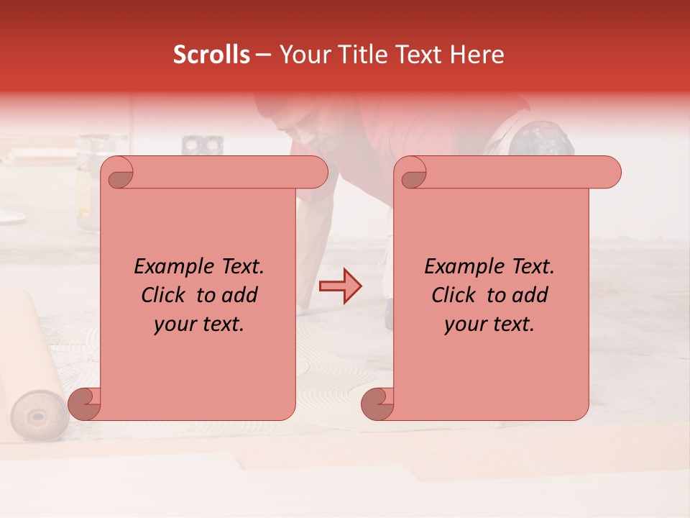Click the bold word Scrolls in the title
click(x=211, y=55)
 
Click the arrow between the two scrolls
click(x=341, y=287)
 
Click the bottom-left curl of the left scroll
click(x=85, y=404)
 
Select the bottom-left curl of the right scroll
click(x=377, y=404)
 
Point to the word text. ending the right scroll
click(x=512, y=324)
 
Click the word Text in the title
click(x=418, y=55)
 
